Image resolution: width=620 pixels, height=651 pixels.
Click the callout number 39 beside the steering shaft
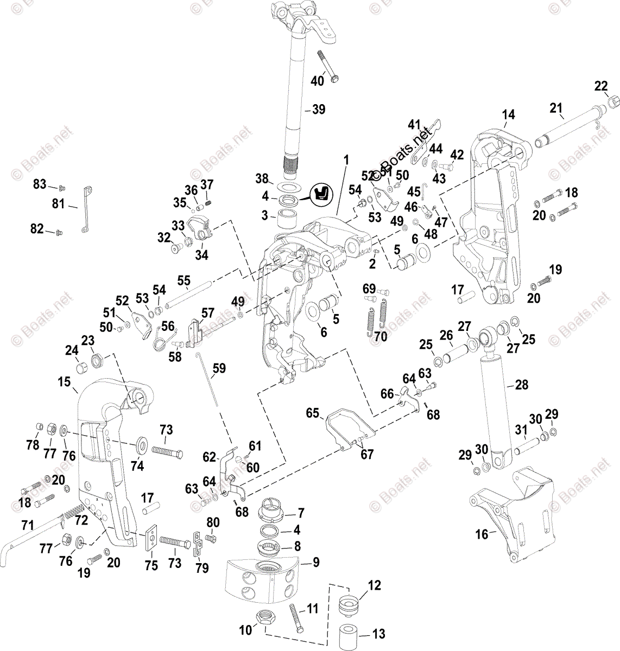[318, 110]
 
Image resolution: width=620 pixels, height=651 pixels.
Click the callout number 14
[509, 115]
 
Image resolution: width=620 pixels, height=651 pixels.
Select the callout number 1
[346, 159]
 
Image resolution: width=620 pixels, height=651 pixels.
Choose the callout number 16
[482, 534]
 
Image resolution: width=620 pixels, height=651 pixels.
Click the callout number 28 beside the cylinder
[521, 385]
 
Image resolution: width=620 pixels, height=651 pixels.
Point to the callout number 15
[64, 382]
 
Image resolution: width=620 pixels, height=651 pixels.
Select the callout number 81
[58, 204]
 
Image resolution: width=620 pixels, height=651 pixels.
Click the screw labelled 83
[61, 188]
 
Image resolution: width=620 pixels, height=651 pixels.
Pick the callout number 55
[184, 280]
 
